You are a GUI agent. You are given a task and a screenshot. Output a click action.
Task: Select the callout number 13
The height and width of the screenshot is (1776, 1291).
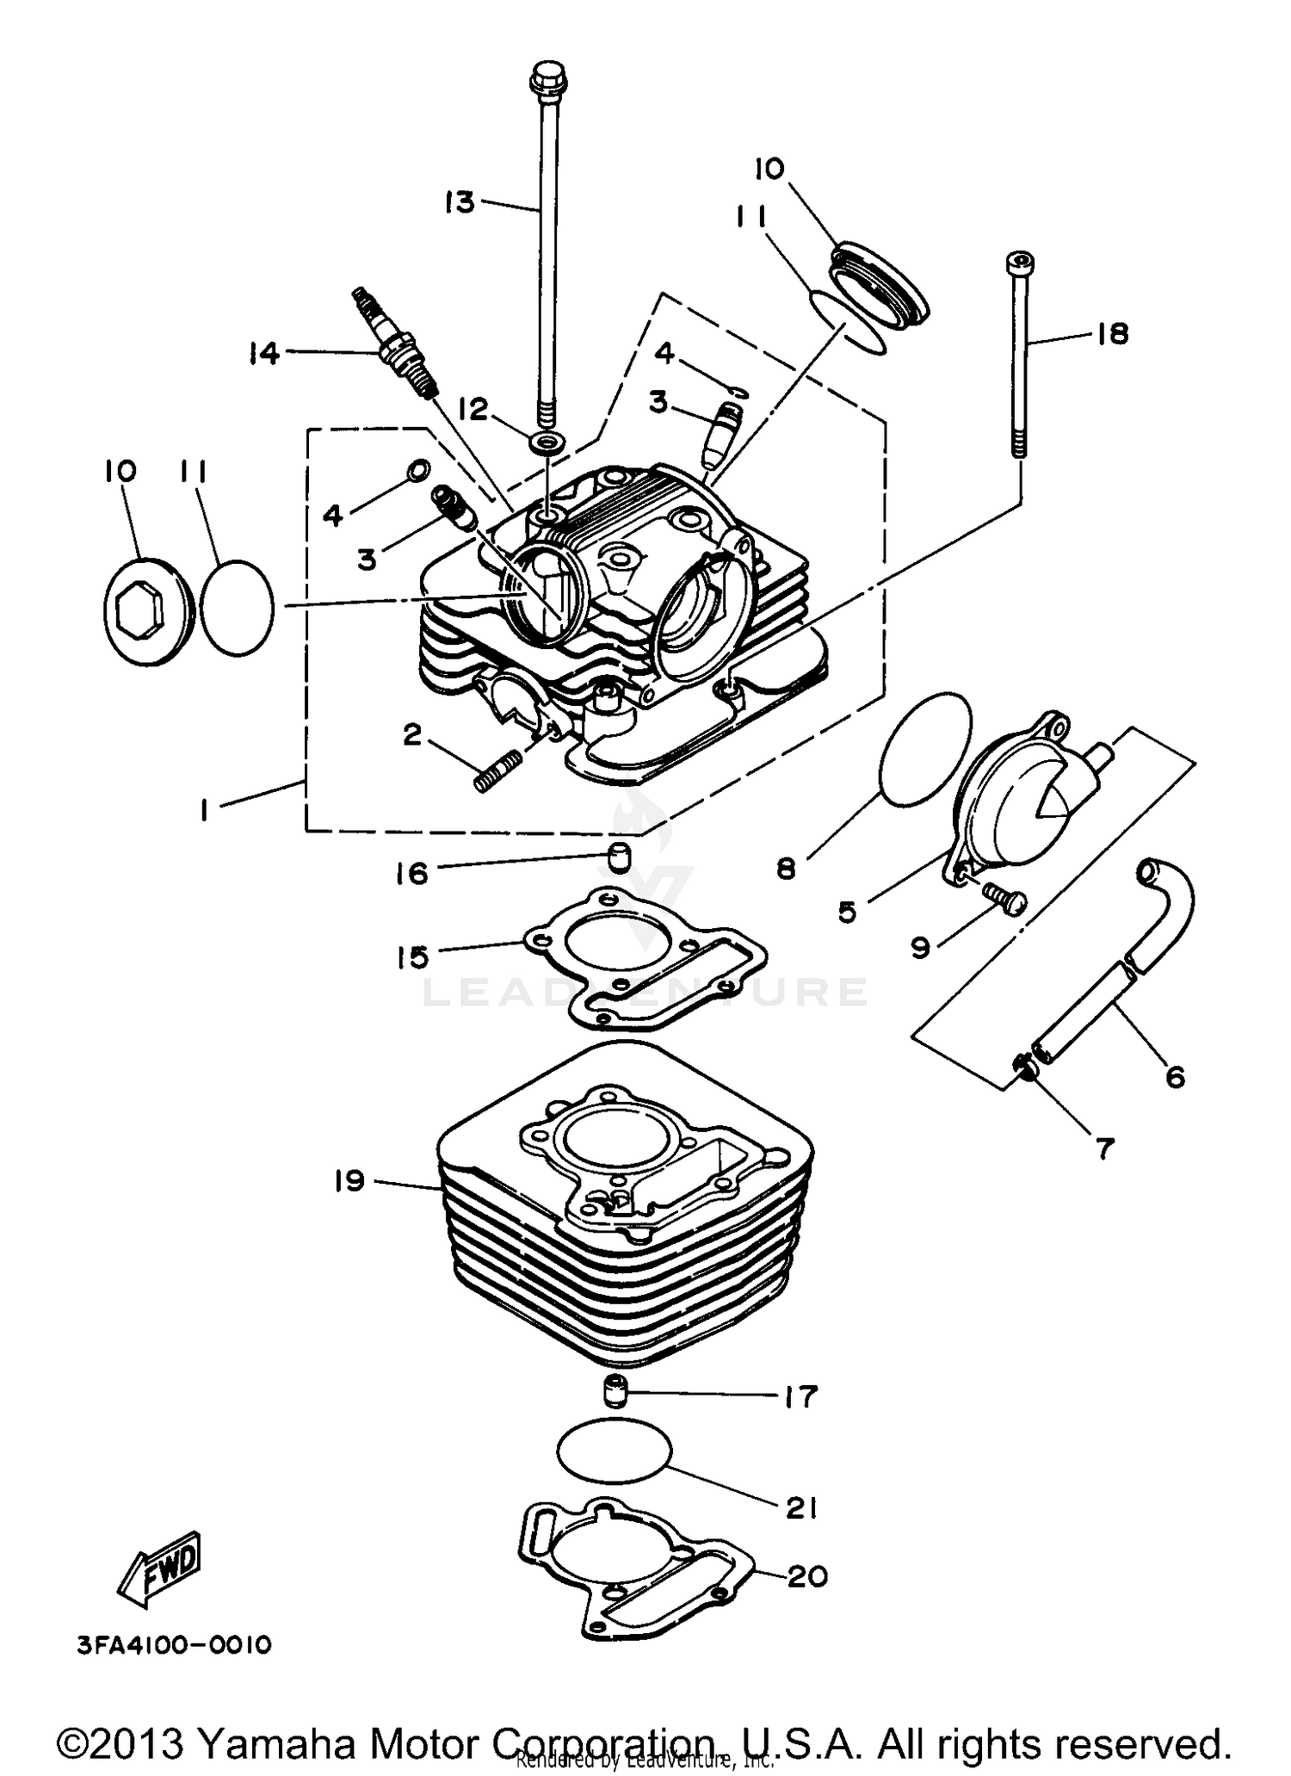460,203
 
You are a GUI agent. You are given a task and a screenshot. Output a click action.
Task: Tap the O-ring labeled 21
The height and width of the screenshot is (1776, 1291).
614,1452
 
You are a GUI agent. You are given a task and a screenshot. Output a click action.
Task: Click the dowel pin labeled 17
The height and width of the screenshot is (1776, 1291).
614,1392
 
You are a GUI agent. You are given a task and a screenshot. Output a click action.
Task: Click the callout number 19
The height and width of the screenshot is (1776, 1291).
350,1180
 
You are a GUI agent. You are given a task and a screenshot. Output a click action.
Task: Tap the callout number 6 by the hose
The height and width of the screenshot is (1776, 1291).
1175,1076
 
